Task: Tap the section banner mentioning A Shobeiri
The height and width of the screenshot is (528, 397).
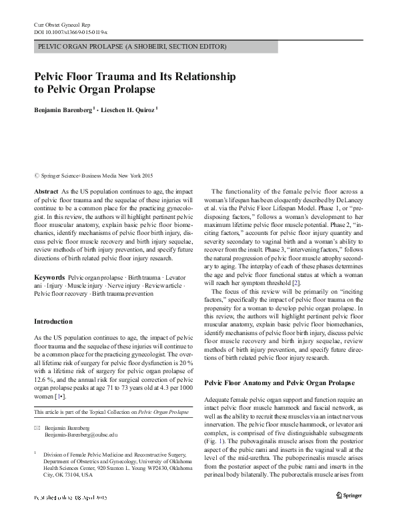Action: [132, 47]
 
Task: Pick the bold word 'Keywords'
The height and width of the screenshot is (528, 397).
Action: [49, 276]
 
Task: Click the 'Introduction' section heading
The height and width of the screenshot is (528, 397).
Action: [55, 322]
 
